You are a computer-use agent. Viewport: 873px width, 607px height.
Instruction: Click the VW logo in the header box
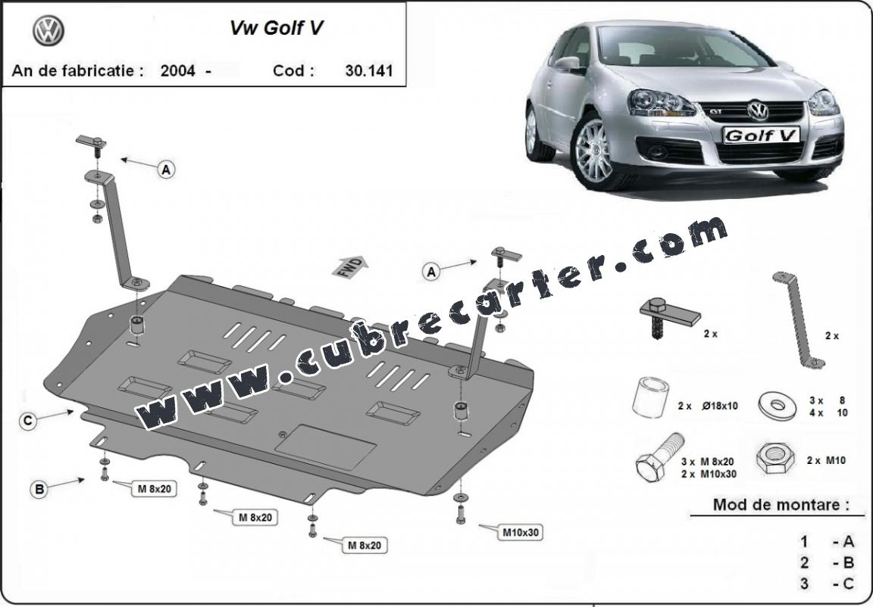tap(48, 30)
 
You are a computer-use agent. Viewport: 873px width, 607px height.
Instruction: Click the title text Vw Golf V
tap(277, 28)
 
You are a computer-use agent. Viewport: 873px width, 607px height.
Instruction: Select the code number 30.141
tap(368, 70)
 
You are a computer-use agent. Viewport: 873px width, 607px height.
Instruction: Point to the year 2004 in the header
tap(177, 70)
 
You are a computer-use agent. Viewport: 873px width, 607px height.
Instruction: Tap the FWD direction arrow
tap(350, 267)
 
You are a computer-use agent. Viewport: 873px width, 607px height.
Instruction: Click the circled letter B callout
tap(39, 489)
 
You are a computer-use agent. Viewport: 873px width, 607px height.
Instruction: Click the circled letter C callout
tap(28, 421)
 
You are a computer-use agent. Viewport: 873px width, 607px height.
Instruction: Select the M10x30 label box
tap(521, 533)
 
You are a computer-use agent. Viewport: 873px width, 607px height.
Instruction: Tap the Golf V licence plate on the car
tap(761, 135)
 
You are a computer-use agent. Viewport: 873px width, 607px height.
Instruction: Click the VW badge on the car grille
tap(757, 111)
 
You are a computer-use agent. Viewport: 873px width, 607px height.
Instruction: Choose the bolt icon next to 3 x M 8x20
tap(660, 457)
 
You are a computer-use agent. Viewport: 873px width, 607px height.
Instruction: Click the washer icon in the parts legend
tap(778, 405)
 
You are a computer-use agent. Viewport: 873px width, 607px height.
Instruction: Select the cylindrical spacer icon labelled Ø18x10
tap(650, 397)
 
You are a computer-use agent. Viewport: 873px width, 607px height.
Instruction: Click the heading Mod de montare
tap(781, 505)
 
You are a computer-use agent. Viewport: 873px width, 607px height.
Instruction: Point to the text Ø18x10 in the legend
tap(720, 406)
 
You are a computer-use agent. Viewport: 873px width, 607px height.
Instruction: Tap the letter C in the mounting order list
tap(848, 584)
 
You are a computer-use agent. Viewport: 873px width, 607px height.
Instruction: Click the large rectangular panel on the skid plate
tap(325, 447)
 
